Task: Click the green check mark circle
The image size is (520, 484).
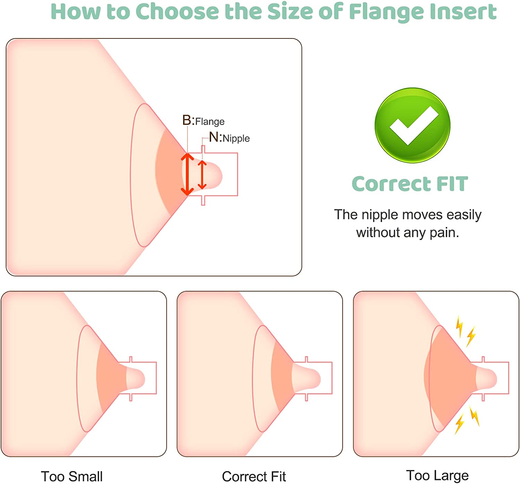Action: click(412, 125)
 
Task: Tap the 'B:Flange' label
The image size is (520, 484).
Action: click(203, 121)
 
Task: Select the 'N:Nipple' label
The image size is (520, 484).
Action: click(229, 138)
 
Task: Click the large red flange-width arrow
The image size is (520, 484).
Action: click(187, 174)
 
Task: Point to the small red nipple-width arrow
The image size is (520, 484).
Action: click(202, 175)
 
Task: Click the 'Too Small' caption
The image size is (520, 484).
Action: click(72, 476)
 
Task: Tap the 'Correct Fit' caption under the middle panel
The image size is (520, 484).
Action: click(254, 476)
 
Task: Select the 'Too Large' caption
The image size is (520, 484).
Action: click(437, 475)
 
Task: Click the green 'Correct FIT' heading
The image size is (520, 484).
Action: click(410, 183)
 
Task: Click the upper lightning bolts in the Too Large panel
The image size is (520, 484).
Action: click(465, 331)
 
